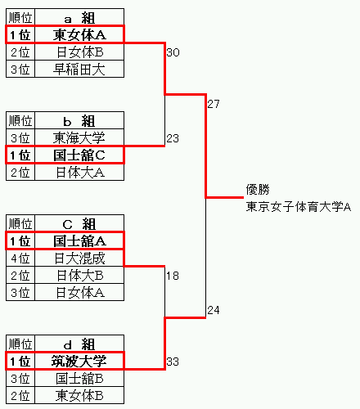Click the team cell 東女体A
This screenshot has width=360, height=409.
pyautogui.click(x=79, y=35)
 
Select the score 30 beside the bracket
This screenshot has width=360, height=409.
pyautogui.click(x=173, y=52)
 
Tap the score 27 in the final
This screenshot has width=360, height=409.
pyautogui.click(x=214, y=104)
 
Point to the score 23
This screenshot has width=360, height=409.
pyautogui.click(x=173, y=138)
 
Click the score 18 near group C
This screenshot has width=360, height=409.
pyautogui.click(x=173, y=276)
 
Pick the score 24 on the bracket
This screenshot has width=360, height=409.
pyautogui.click(x=214, y=310)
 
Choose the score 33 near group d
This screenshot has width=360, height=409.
pyautogui.click(x=173, y=362)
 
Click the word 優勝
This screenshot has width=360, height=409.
pyautogui.click(x=258, y=189)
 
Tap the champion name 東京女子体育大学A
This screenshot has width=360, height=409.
pyautogui.click(x=299, y=206)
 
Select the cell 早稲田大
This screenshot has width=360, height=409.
pyautogui.click(x=79, y=70)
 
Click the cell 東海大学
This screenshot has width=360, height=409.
pyautogui.click(x=79, y=137)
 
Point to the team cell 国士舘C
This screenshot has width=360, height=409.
pyautogui.click(x=79, y=155)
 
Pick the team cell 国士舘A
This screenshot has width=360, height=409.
pyautogui.click(x=79, y=241)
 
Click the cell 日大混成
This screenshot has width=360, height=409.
pyautogui.click(x=79, y=258)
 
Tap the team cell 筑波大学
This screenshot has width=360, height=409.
pyautogui.click(x=79, y=362)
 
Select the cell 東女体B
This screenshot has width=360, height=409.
pyautogui.click(x=79, y=396)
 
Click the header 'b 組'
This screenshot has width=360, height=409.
pyautogui.click(x=79, y=121)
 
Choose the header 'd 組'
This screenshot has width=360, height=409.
pyautogui.click(x=79, y=344)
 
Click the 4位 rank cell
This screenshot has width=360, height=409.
pyautogui.click(x=20, y=258)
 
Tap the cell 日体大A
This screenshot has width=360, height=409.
pyautogui.click(x=80, y=173)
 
